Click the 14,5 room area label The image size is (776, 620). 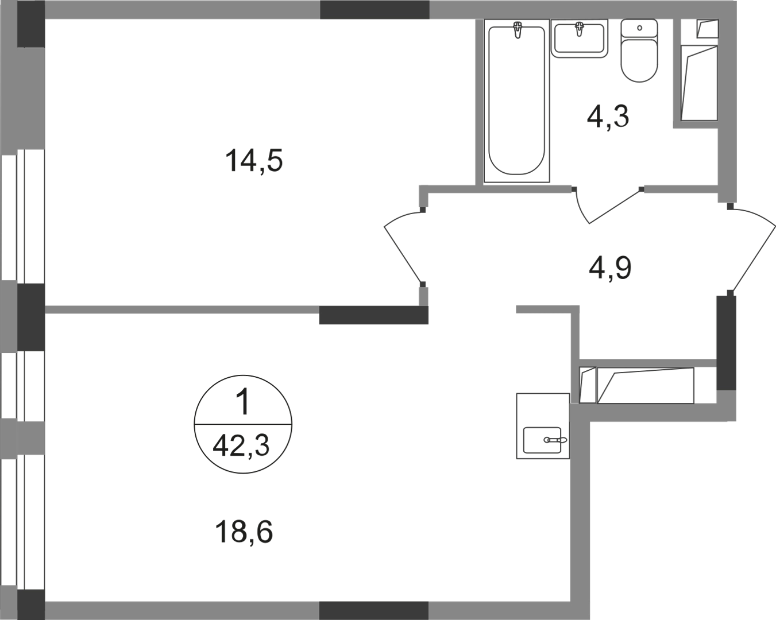(254, 161)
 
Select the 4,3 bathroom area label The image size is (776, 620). (608, 117)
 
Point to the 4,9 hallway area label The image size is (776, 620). (610, 268)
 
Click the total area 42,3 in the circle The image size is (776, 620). (241, 445)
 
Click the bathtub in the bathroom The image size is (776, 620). (516, 100)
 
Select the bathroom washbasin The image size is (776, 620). (580, 38)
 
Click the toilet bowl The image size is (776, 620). (639, 60)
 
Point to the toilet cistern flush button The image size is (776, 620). (640, 28)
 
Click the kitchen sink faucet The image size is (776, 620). (555, 440)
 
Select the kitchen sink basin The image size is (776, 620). (542, 440)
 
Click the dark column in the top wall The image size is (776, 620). (375, 9)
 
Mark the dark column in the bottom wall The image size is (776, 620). (373, 611)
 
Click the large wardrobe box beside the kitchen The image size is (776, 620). (646, 385)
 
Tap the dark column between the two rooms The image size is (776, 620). (373, 315)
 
